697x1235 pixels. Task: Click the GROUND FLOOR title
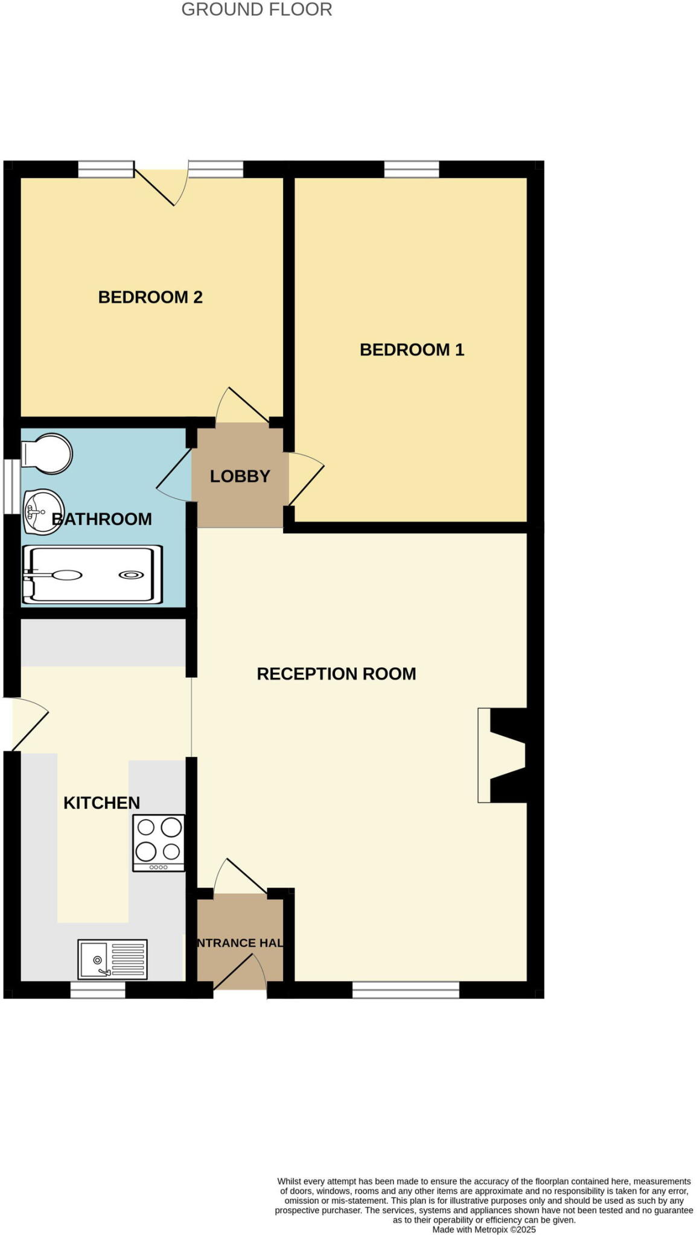(x=256, y=10)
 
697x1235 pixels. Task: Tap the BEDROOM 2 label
(x=150, y=297)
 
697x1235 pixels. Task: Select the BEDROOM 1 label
(x=412, y=350)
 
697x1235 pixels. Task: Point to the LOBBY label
(x=240, y=476)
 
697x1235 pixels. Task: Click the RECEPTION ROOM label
(x=336, y=674)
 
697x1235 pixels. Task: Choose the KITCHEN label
(x=101, y=803)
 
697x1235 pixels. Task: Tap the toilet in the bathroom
(x=47, y=453)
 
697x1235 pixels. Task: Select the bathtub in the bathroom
(x=92, y=575)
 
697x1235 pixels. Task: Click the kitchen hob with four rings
(x=159, y=842)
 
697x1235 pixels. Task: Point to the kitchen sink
(x=112, y=958)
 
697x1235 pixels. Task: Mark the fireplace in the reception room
(x=501, y=754)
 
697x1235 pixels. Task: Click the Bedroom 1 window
(x=412, y=169)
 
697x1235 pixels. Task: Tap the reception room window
(x=406, y=990)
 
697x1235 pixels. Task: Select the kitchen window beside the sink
(x=98, y=990)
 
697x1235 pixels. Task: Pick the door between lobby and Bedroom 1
(x=306, y=478)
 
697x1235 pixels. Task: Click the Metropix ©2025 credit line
(x=484, y=1230)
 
